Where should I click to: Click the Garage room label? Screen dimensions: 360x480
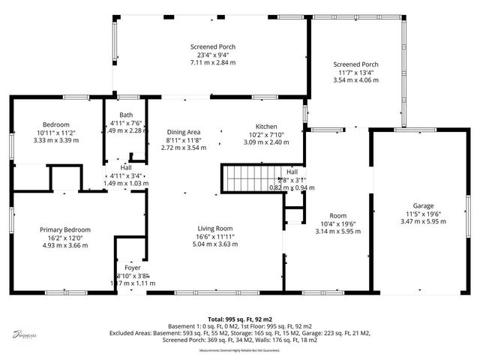tap(423, 205)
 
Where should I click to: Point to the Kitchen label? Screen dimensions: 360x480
tap(266, 126)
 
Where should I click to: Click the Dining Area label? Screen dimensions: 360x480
tap(183, 132)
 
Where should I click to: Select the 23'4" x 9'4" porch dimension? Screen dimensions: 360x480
tap(212, 55)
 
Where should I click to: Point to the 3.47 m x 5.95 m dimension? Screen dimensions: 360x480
tap(423, 221)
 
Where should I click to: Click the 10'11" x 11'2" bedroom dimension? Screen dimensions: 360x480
tap(56, 132)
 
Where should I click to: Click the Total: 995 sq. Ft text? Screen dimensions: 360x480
tap(240, 319)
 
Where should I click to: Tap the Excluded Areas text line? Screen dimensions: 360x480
tap(240, 333)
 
